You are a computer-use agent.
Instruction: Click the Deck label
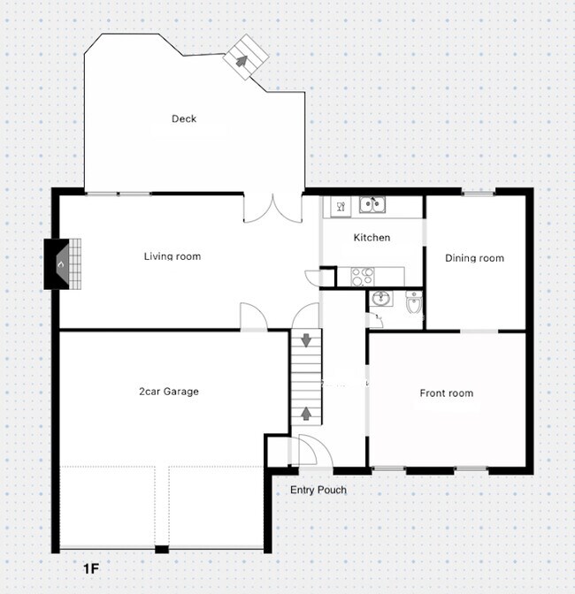(x=184, y=119)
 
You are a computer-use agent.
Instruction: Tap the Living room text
(x=172, y=257)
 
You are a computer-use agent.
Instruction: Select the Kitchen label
(x=372, y=238)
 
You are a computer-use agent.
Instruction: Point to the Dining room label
(x=474, y=258)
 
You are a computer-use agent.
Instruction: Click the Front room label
(x=446, y=393)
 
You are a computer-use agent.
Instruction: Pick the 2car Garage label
(x=168, y=392)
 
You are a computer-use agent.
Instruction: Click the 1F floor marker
(x=91, y=568)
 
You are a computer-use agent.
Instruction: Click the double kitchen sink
(x=371, y=206)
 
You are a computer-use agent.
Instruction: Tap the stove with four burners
(x=363, y=276)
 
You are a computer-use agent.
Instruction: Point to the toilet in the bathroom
(x=413, y=305)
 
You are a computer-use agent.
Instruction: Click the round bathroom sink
(x=380, y=298)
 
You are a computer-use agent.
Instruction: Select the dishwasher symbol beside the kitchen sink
(x=341, y=207)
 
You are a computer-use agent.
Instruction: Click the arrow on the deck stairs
(x=240, y=61)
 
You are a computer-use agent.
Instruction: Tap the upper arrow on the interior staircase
(x=306, y=340)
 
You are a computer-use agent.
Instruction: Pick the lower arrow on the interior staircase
(x=306, y=412)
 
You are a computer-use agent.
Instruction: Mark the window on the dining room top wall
(x=479, y=192)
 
